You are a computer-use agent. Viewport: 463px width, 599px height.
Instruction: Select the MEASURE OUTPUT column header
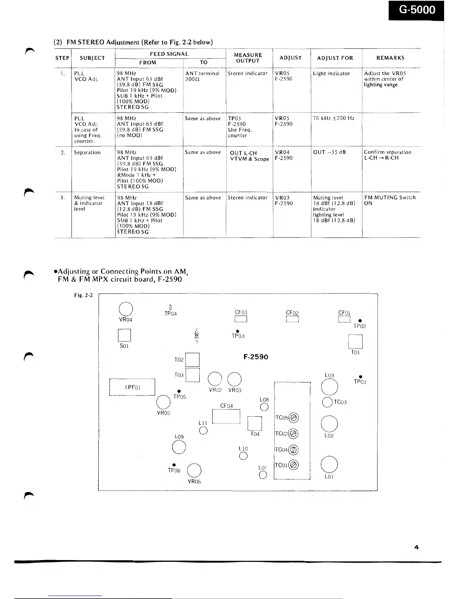[x=248, y=58]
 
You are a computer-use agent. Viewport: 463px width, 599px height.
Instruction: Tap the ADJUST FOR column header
[x=335, y=58]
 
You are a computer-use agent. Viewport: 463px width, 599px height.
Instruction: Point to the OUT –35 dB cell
[x=329, y=152]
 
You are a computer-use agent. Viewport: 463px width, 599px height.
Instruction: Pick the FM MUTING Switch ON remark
[x=390, y=200]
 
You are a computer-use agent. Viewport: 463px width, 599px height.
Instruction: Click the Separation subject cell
[x=87, y=152]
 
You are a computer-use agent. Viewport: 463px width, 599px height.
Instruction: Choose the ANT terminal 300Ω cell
[x=202, y=76]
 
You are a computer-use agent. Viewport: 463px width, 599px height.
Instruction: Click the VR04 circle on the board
[x=126, y=309]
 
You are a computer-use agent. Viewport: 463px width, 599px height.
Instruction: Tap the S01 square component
[x=124, y=335]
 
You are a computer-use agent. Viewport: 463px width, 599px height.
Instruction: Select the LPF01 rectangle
[x=132, y=387]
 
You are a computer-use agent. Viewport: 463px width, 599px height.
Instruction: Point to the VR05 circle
[x=163, y=402]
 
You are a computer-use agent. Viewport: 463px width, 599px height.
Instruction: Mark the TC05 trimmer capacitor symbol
[x=294, y=418]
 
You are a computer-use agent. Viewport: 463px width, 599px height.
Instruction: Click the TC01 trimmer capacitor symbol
[x=294, y=465]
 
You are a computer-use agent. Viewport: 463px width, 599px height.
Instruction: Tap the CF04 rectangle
[x=226, y=416]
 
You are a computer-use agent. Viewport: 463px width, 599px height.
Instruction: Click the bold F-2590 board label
[x=256, y=357]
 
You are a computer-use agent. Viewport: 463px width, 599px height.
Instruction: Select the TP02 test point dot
[x=360, y=320]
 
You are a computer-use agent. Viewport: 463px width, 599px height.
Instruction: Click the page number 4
[x=416, y=547]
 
